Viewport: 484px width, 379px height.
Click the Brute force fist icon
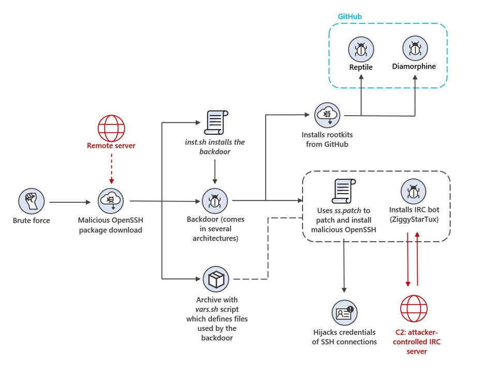[x=32, y=201]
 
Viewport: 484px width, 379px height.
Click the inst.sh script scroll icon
[x=214, y=123]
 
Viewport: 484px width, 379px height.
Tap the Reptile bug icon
[x=360, y=50]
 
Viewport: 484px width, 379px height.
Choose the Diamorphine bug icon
[x=414, y=49]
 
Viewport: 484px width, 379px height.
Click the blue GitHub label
[x=350, y=17]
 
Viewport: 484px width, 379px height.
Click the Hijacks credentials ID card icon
[x=344, y=313]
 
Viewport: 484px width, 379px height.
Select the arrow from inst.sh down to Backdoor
[x=214, y=171]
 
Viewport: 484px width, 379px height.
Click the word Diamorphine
[x=414, y=66]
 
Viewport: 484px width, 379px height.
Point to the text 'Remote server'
[x=111, y=146]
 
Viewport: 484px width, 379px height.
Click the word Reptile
[x=360, y=67]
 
